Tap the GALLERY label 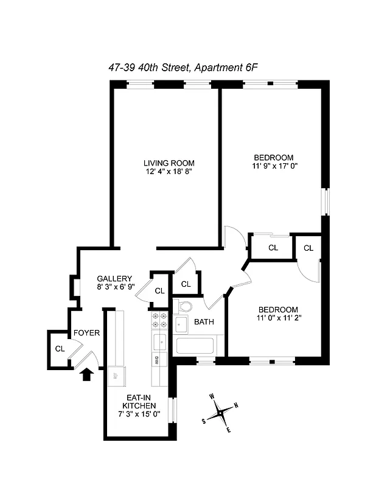[114, 279]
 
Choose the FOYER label [86, 333]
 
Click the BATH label [203, 323]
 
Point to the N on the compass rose [236, 406]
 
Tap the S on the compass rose [204, 421]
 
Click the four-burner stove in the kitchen [159, 320]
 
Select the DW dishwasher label [157, 360]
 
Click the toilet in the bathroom [184, 306]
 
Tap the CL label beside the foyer [60, 349]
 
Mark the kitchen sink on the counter [159, 340]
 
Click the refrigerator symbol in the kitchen [116, 376]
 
